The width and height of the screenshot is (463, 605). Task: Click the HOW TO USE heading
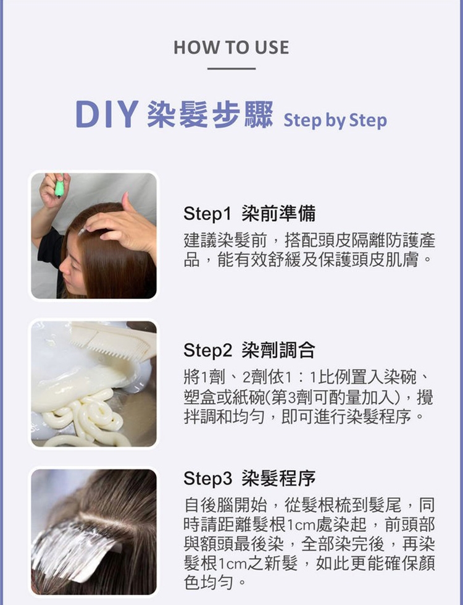pos(231,48)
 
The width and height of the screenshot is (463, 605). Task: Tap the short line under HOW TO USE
pos(231,69)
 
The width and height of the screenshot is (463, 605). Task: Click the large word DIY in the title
pos(107,114)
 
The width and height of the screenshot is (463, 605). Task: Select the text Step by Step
pos(335,121)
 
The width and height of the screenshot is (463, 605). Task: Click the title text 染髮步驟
pos(210,114)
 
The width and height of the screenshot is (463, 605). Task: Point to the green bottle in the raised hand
pos(59,186)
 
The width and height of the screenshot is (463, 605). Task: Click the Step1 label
pos(207,213)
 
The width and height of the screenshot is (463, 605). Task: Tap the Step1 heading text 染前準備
pos(278,213)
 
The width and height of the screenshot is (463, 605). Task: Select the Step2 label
pos(208,350)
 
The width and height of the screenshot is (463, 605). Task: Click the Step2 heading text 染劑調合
pos(278,350)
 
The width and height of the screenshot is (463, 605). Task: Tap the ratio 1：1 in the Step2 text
pos(302,378)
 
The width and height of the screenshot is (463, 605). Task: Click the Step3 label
pos(208,478)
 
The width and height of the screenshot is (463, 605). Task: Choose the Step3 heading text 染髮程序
pos(278,478)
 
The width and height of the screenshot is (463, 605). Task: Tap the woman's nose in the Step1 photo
pos(64,268)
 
